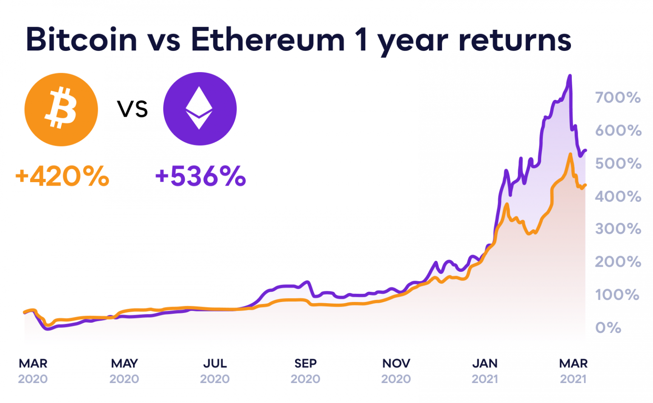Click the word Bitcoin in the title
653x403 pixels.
82,39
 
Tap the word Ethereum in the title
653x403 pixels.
267,39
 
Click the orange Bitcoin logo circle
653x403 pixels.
61,109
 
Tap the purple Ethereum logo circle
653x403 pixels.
200,109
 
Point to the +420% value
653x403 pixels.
62,176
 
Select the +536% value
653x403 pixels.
201,176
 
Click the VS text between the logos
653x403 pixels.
132,109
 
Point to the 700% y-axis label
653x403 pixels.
618,98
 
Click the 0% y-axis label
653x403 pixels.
608,328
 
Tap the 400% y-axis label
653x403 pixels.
618,197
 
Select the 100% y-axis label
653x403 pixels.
617,295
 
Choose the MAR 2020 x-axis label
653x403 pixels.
33,371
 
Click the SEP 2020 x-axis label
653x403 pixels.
305,371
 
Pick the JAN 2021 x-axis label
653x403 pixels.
485,371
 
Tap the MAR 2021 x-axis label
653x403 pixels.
573,371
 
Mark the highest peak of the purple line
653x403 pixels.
570,76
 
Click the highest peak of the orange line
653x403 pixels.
570,154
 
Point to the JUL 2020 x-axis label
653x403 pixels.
215,371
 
